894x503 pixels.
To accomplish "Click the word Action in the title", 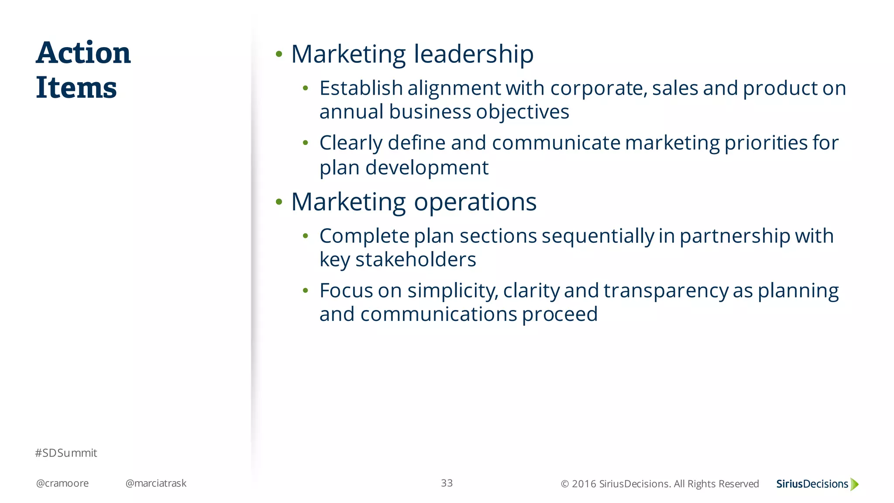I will click(83, 53).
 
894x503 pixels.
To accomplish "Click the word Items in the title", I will click(76, 87).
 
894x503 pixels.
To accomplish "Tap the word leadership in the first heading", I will click(473, 54).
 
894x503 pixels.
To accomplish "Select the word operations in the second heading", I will click(475, 202).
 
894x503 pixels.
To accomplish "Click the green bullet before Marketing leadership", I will click(279, 54).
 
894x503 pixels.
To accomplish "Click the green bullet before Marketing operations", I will click(279, 202).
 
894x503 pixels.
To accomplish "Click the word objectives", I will click(523, 112).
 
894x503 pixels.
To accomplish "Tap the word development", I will click(427, 168).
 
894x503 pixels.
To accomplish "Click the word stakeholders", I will click(416, 260).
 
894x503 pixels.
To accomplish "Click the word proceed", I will click(560, 314).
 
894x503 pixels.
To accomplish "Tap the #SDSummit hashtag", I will click(66, 453).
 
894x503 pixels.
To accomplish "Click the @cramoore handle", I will click(62, 483).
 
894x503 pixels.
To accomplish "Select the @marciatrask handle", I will click(156, 483).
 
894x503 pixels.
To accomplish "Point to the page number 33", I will click(447, 483).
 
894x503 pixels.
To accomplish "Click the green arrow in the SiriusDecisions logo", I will click(855, 484).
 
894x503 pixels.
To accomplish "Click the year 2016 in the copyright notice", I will click(584, 484).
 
